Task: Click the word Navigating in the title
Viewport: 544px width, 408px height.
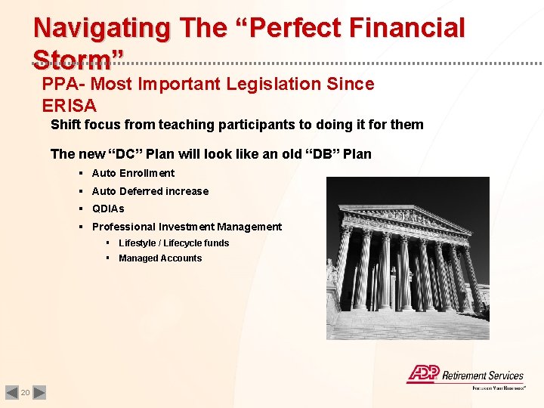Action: coord(102,29)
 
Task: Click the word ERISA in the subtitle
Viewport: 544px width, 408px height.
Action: coord(70,105)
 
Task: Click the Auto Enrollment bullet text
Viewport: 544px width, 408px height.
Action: coord(133,173)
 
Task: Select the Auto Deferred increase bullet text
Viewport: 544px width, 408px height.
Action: coord(150,191)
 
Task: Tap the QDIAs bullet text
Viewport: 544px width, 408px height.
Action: coord(108,209)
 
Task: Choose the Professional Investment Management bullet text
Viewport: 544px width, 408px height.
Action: coord(187,227)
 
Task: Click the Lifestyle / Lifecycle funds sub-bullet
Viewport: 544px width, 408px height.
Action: coord(174,243)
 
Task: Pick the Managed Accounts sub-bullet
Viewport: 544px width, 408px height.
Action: coord(160,258)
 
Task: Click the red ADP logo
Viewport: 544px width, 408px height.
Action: coord(422,374)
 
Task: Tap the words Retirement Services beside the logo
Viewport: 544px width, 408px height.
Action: coord(483,375)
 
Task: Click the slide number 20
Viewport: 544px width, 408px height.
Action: coord(25,393)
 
